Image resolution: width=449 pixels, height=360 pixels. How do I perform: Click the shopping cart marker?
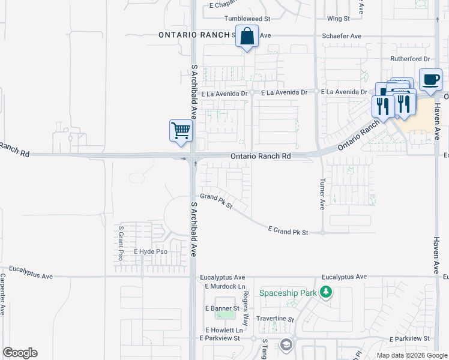(181, 130)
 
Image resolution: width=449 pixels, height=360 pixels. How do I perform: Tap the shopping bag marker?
(247, 37)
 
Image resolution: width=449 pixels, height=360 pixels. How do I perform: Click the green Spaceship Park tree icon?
(326, 292)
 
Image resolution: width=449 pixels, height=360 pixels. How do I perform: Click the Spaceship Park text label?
(288, 293)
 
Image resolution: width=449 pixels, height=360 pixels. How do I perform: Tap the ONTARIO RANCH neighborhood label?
(193, 35)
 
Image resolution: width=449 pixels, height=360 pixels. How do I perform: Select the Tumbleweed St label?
(231, 19)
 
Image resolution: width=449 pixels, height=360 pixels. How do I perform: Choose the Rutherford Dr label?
(411, 59)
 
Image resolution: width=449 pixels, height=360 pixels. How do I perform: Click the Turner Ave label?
(322, 194)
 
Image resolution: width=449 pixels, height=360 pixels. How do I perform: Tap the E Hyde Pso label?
(151, 251)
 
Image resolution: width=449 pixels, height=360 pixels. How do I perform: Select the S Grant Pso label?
(121, 242)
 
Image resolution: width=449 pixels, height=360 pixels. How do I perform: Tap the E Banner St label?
(222, 308)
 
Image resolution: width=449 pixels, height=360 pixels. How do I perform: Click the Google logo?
(20, 353)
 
